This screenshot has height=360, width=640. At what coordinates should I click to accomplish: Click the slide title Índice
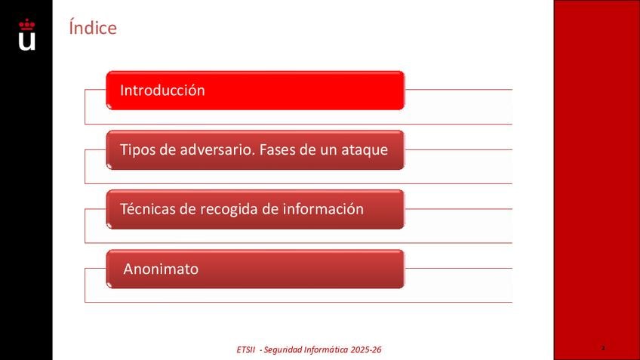(93, 27)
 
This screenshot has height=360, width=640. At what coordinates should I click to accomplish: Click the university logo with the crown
(27, 35)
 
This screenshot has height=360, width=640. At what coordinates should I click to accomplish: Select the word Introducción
(162, 91)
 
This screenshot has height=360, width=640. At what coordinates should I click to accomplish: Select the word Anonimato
(161, 269)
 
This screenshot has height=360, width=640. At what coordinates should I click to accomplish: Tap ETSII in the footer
(246, 349)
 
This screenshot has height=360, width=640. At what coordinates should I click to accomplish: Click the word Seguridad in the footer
(283, 350)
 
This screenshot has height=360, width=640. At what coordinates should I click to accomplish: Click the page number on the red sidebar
(603, 348)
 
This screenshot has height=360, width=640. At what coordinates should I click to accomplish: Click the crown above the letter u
(27, 24)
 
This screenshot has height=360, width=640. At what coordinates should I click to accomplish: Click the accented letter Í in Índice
(72, 27)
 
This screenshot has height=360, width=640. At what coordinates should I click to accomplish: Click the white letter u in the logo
(27, 42)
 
